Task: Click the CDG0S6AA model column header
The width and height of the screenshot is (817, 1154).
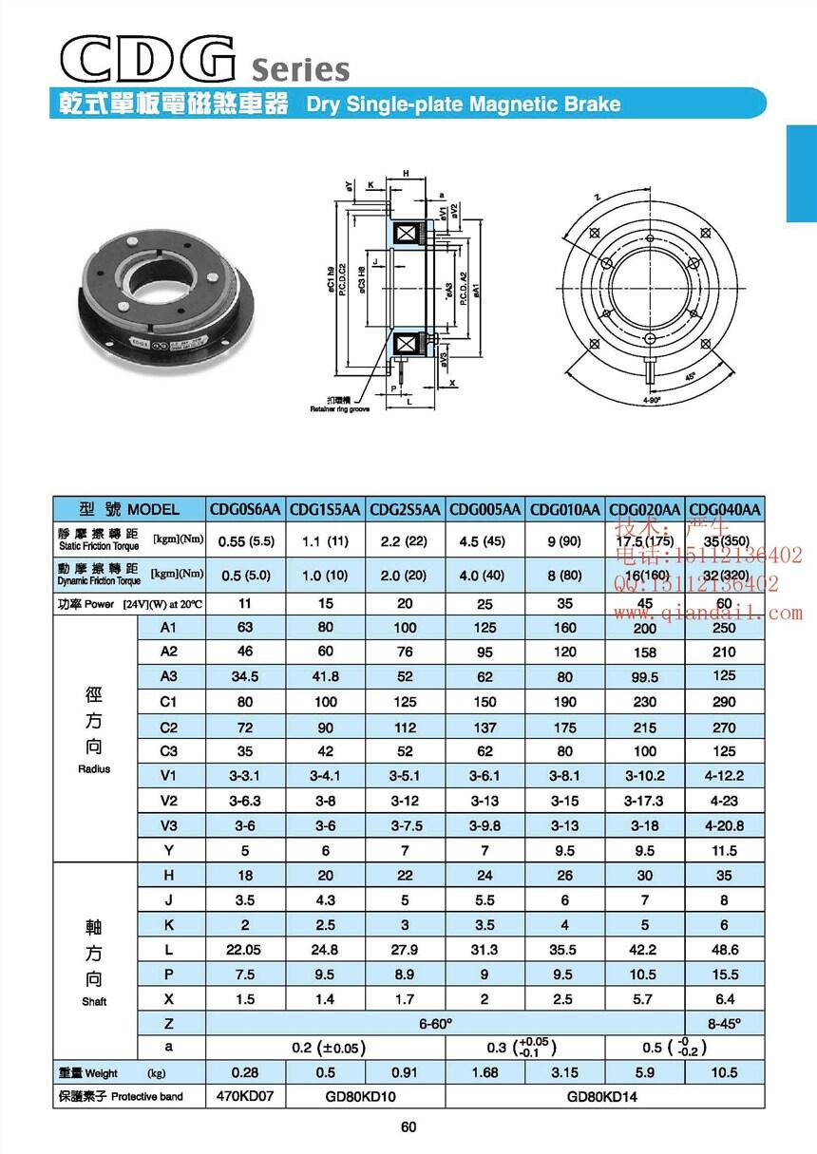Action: [246, 509]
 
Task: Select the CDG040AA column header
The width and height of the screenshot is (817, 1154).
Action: [725, 509]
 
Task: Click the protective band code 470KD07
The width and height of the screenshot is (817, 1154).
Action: [246, 1096]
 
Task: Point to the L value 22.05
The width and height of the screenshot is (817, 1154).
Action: [246, 950]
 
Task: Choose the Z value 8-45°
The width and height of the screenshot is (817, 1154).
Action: [725, 1022]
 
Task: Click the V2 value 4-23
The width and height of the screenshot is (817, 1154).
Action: [725, 800]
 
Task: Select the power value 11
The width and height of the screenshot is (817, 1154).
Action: [246, 603]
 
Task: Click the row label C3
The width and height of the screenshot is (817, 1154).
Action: [168, 750]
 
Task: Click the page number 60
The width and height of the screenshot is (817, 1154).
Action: [408, 1127]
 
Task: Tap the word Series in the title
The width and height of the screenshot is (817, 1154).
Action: [301, 69]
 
